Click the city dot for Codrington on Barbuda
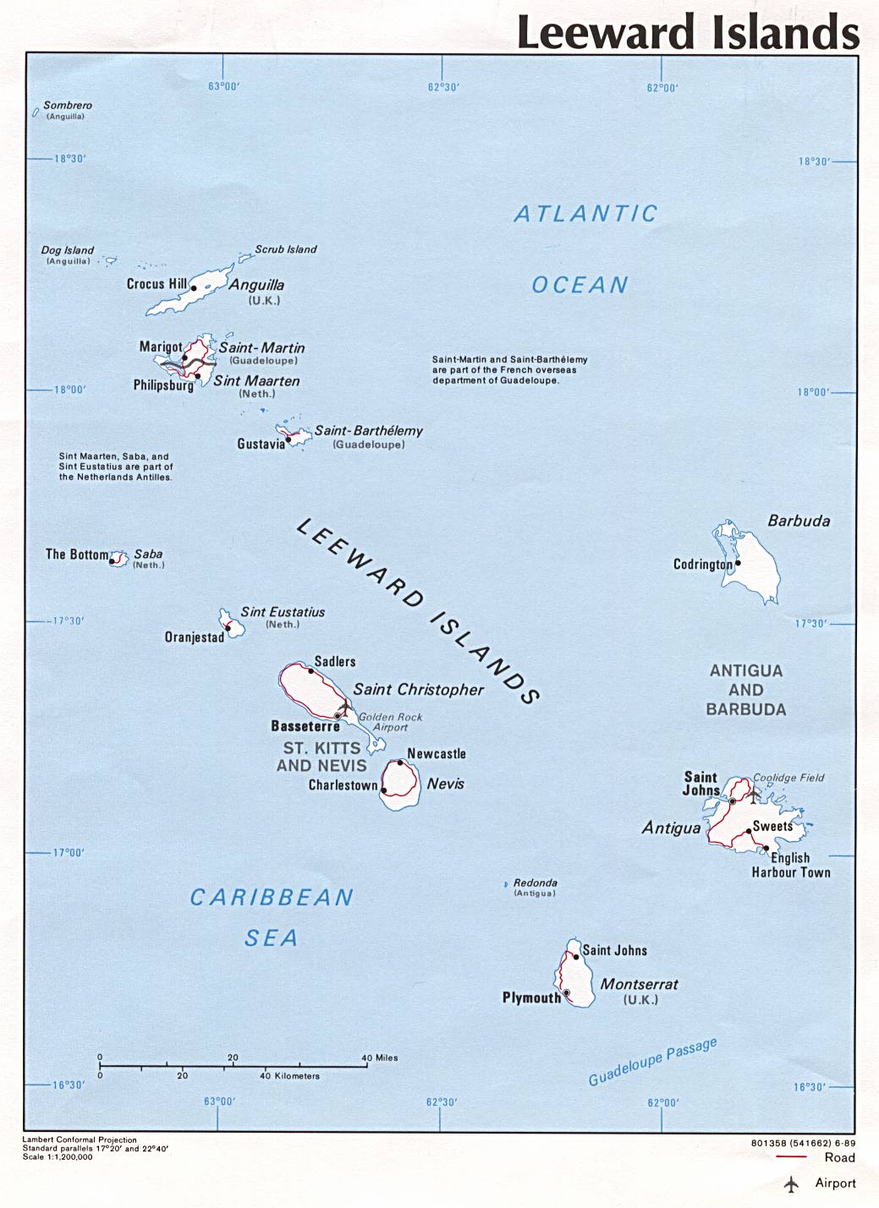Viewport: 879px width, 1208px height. tap(738, 563)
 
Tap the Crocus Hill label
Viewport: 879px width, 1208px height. tap(157, 284)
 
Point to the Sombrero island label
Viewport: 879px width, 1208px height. tap(68, 106)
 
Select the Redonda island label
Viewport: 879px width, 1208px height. tap(536, 883)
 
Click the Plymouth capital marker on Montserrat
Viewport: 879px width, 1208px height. tap(566, 993)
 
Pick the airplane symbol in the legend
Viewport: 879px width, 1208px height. tap(792, 1184)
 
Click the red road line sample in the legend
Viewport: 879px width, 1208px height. tap(790, 1157)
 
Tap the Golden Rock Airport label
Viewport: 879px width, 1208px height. tap(390, 722)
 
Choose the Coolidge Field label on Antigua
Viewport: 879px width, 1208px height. tap(788, 778)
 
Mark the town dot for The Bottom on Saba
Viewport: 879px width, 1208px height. tap(113, 560)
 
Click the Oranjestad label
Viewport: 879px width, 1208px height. tap(195, 637)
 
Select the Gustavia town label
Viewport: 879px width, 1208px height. tap(261, 444)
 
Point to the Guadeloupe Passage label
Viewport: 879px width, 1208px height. tap(652, 1062)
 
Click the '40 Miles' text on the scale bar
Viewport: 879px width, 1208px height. tap(380, 1058)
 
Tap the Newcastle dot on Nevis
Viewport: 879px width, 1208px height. tap(400, 763)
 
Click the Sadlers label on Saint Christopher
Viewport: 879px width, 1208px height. tap(335, 662)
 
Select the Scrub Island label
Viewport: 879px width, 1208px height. tap(286, 249)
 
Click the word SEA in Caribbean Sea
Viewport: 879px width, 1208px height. tap(271, 937)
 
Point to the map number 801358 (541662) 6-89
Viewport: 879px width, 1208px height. tap(803, 1143)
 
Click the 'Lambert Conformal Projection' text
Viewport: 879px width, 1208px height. tap(80, 1140)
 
